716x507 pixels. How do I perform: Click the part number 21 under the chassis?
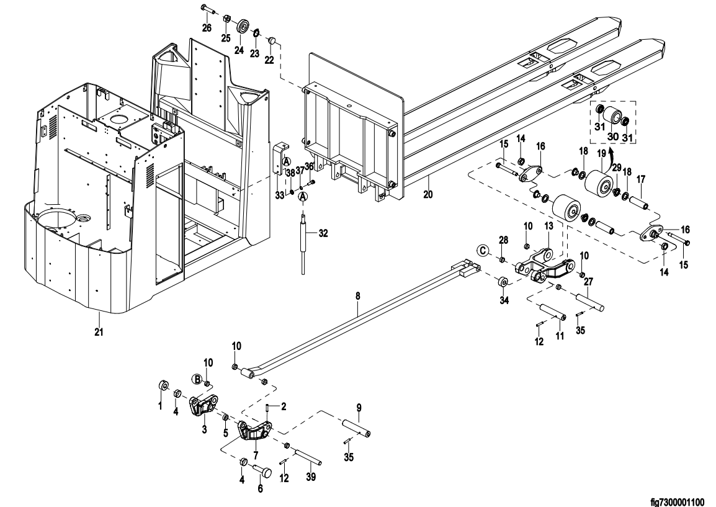(99, 332)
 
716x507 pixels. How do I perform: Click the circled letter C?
(483, 251)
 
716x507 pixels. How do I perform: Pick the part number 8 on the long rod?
(357, 297)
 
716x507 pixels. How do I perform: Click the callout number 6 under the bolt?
(260, 488)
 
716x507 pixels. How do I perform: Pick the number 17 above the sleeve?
(640, 179)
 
